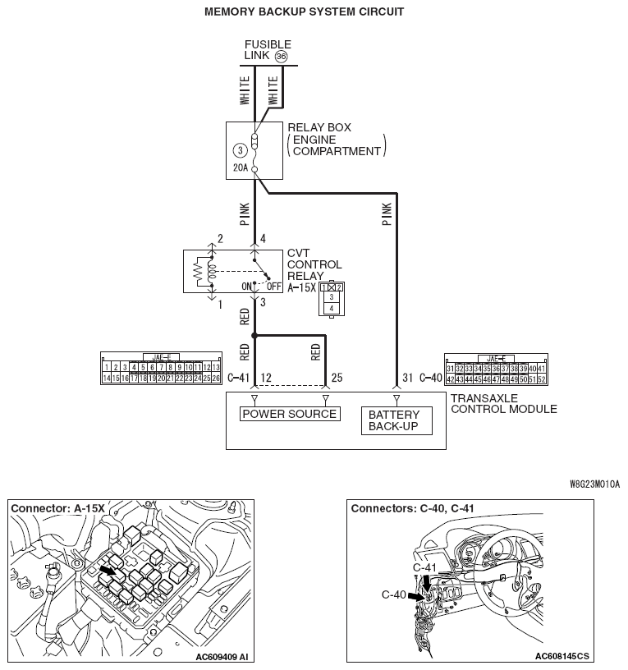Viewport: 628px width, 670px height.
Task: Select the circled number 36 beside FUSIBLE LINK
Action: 282,57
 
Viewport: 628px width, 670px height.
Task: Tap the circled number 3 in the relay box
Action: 239,150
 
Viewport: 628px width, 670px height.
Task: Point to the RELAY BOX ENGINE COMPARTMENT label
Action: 335,140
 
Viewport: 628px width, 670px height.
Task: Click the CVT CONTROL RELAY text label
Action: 314,264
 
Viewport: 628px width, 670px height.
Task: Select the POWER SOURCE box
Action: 290,414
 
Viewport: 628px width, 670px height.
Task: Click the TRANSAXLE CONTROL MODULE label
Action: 503,403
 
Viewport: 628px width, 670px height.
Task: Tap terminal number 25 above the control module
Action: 337,377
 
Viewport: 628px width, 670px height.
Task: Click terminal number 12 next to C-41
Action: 266,377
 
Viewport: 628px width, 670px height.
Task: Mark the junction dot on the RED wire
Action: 254,335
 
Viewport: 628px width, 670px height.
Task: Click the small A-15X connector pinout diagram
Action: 332,298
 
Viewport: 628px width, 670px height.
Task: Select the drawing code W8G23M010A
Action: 594,484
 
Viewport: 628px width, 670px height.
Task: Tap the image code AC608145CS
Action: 562,657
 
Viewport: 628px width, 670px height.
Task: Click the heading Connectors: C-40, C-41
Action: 412,508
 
